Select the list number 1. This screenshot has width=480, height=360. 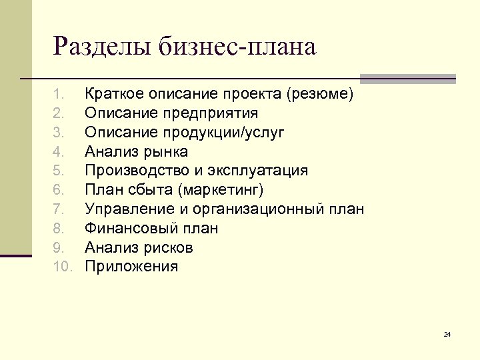tap(59, 94)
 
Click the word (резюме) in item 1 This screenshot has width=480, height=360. tap(319, 94)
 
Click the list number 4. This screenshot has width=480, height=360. tap(59, 152)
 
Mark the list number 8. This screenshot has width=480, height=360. tap(59, 229)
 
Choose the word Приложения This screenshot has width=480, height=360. tap(131, 267)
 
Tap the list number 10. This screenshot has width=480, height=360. tap(61, 267)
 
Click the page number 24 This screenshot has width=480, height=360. tap(447, 333)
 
